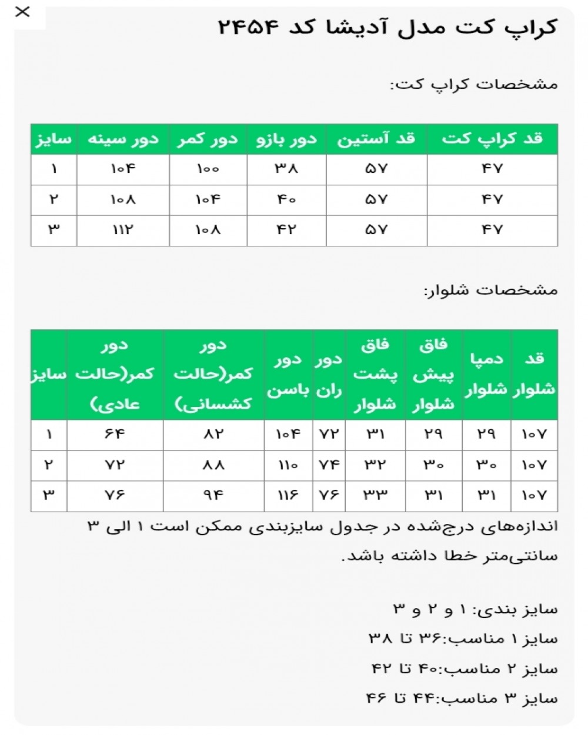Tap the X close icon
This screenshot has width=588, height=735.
pos(22,12)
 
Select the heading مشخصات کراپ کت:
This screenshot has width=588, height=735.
pos(473,84)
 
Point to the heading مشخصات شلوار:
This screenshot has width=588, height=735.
pos(490,290)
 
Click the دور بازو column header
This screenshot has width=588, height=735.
pos(286,139)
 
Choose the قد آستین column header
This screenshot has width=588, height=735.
pos(376,139)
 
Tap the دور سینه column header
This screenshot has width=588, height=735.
pos(123,139)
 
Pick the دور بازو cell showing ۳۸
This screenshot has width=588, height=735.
pos(286,169)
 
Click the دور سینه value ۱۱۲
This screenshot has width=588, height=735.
pos(123,230)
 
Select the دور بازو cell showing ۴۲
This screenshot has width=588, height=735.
pos(286,230)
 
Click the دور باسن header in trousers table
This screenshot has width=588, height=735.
pos(288,375)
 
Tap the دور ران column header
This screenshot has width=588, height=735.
pos(329,375)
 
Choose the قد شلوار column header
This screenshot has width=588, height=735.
pos(534,375)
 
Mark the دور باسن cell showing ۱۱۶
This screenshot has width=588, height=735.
pos(288,495)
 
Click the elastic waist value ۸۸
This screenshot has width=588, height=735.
pos(213,465)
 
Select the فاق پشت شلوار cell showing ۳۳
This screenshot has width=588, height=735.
pos(376,495)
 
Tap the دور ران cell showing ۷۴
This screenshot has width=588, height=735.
pos(329,465)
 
